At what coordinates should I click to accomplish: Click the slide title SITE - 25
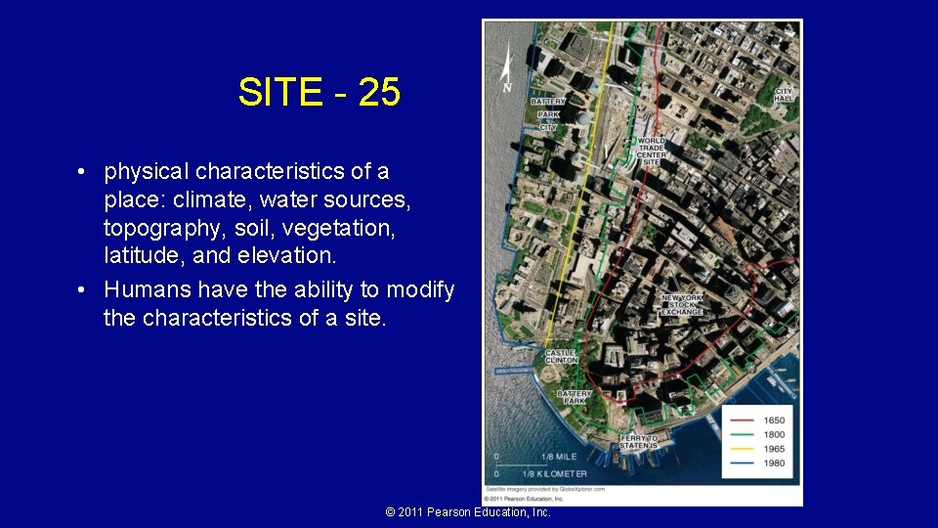click(x=319, y=93)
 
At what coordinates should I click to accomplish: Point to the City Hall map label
click(x=784, y=95)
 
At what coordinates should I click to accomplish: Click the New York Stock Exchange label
click(x=682, y=304)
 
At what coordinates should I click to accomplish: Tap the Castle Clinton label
click(x=561, y=357)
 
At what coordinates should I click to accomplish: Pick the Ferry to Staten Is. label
click(x=639, y=442)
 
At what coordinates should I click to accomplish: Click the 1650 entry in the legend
click(x=773, y=420)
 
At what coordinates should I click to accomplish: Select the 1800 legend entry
click(x=773, y=434)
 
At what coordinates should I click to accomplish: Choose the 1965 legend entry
click(x=773, y=448)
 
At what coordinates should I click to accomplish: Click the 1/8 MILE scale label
click(x=558, y=457)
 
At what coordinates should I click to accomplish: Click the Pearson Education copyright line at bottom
click(x=468, y=512)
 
